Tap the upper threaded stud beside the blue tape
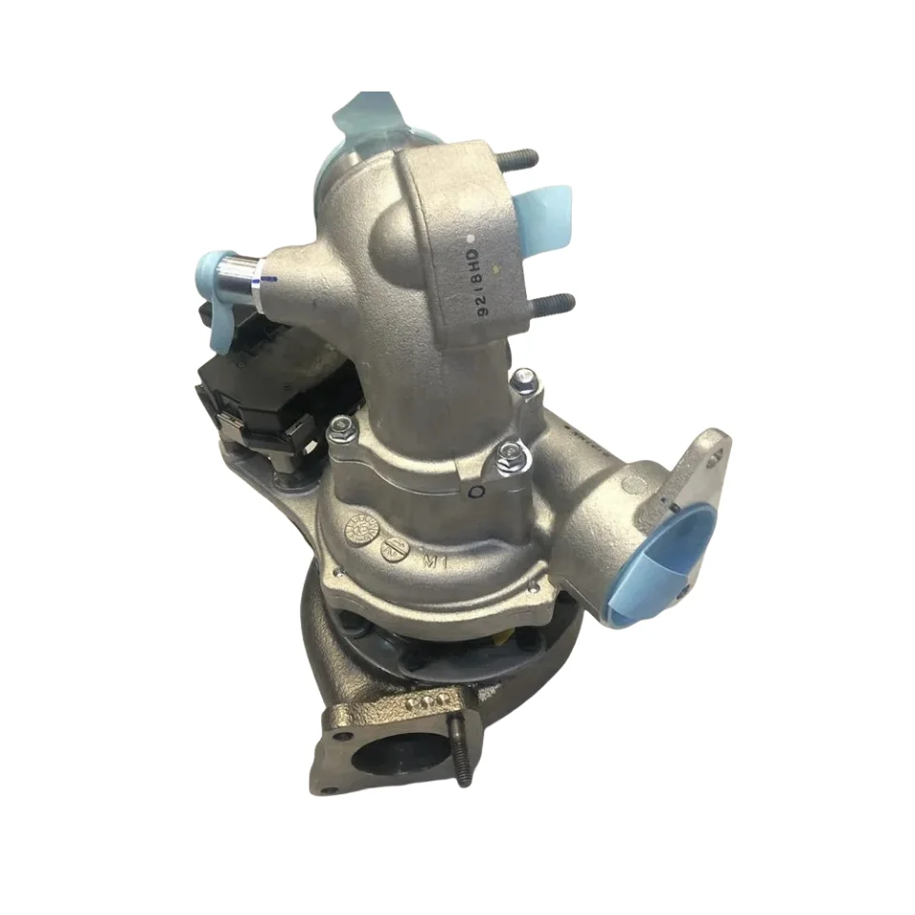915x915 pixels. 519,157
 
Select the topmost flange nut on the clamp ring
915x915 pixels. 522,381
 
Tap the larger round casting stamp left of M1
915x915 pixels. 363,527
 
